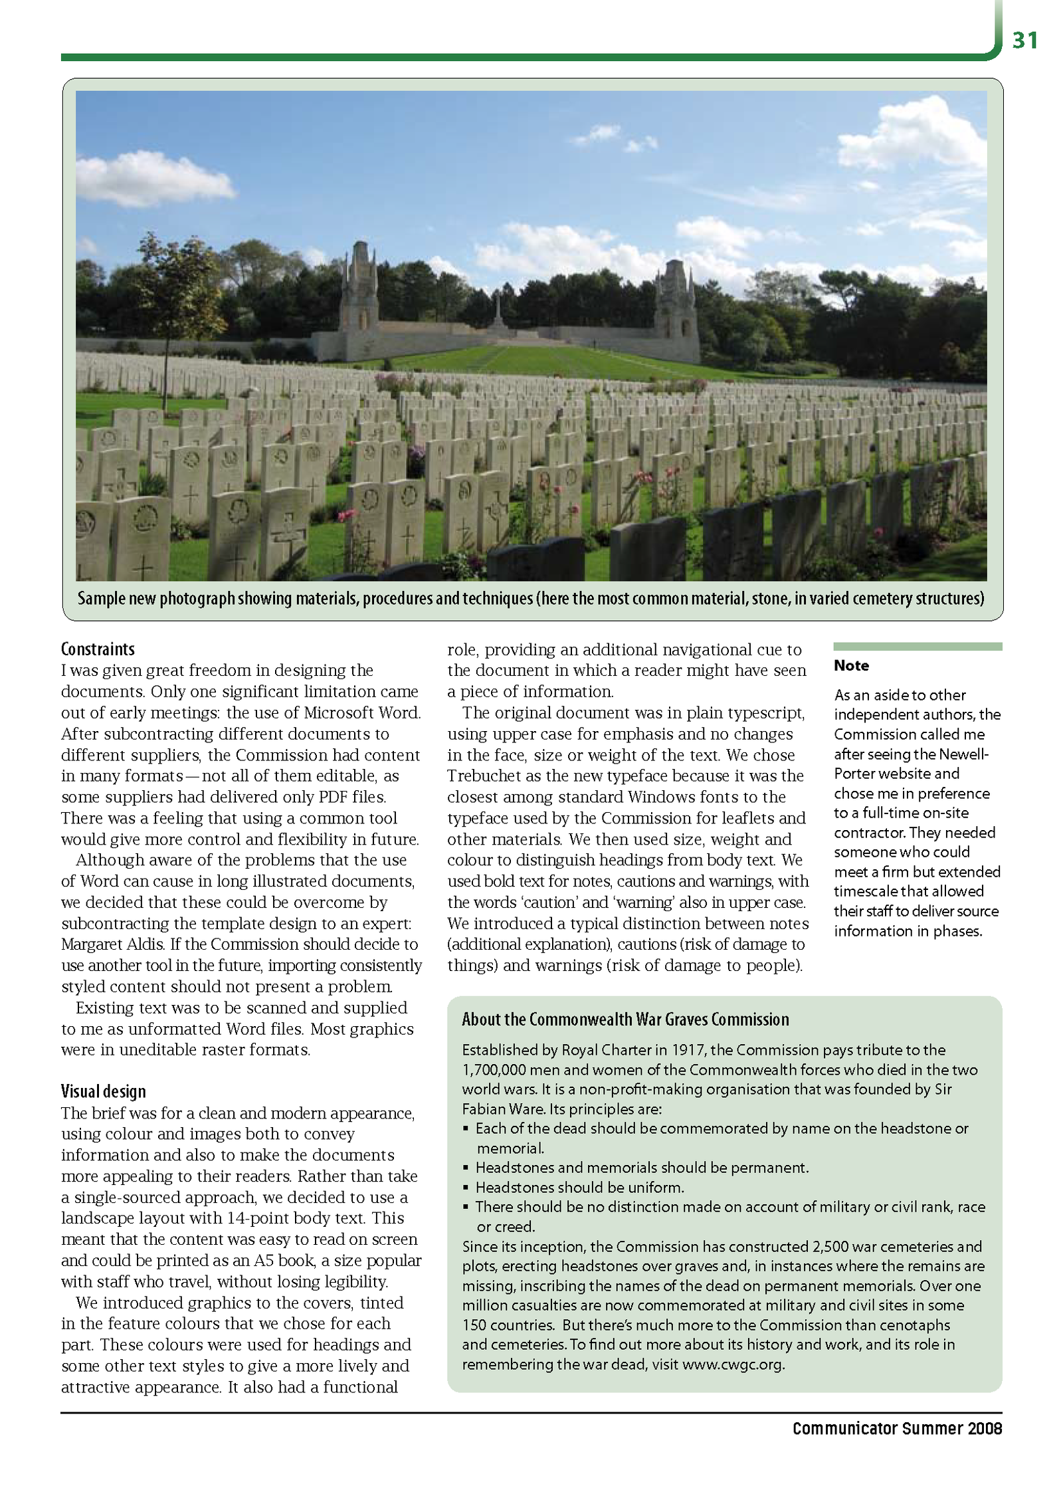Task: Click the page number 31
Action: pos(1024,41)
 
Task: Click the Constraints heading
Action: pos(98,649)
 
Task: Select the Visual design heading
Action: pos(103,1091)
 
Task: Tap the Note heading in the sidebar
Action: pos(851,666)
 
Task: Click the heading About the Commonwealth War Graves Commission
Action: pos(625,1020)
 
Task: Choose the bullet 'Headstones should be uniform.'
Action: pos(579,1188)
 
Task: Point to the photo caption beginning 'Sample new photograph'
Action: pos(531,599)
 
